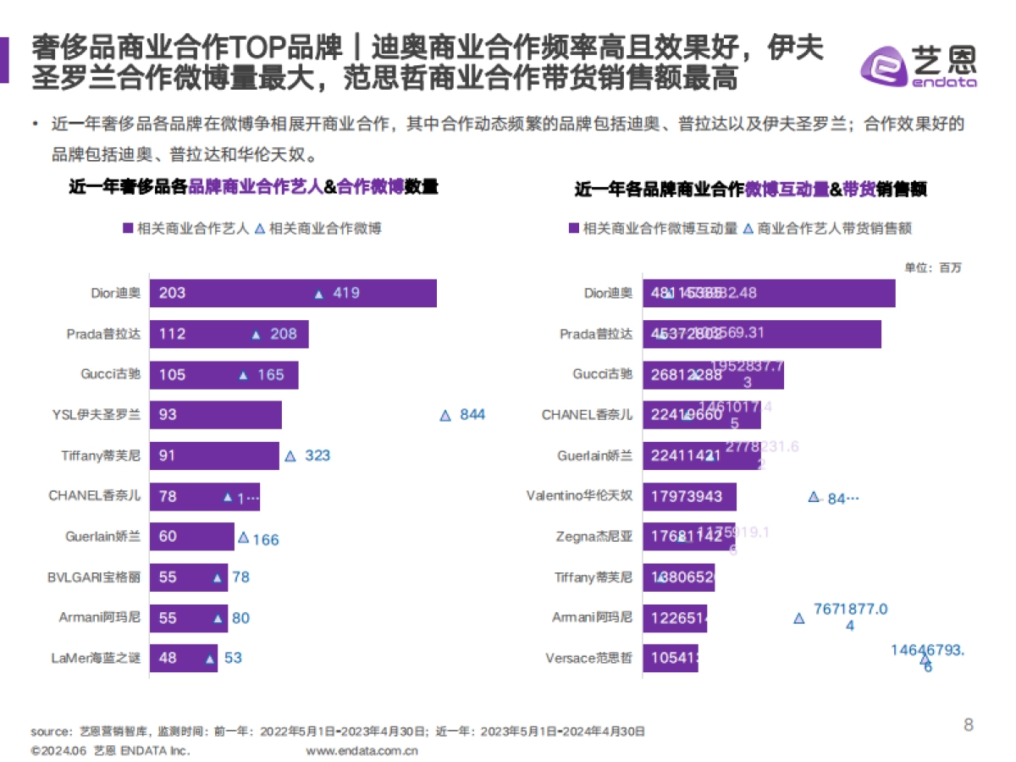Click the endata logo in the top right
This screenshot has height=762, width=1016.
[919, 63]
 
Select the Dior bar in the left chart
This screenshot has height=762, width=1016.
[293, 294]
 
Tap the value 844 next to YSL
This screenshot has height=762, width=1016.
[472, 415]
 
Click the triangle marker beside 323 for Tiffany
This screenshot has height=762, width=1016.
[290, 456]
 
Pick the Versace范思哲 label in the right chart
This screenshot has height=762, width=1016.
[590, 658]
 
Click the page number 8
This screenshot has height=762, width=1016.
[969, 725]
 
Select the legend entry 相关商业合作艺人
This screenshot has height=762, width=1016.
[185, 229]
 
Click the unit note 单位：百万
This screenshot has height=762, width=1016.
[933, 268]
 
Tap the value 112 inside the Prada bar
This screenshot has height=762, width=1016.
[172, 334]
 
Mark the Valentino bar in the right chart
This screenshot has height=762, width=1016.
[689, 496]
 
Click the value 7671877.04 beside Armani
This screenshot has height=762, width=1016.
[850, 617]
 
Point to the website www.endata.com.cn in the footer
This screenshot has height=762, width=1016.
[362, 750]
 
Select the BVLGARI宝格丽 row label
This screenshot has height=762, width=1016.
[94, 577]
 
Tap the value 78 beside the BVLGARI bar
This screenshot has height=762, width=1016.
[241, 577]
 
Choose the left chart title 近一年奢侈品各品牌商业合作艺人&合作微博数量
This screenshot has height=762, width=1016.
[253, 187]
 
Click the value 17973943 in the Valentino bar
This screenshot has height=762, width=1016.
[687, 496]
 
